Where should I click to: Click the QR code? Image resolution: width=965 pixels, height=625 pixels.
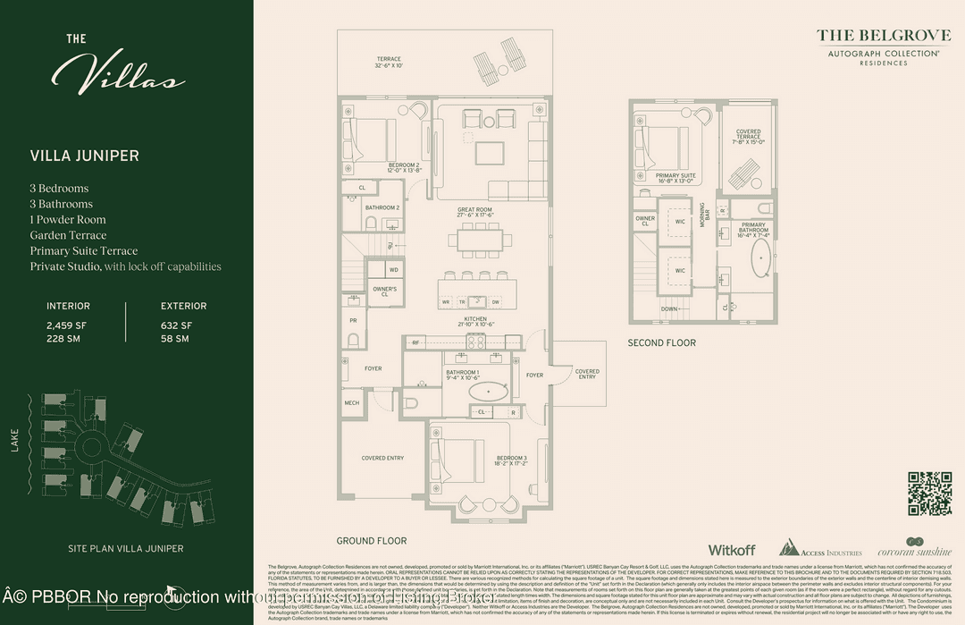coord(930,494)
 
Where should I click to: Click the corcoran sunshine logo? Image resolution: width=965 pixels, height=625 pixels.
coord(913,549)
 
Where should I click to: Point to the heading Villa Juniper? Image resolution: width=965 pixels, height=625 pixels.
coord(85,156)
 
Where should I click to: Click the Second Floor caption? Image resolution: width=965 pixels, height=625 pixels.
coord(661,342)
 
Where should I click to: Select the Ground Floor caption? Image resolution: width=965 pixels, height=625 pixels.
coord(372,541)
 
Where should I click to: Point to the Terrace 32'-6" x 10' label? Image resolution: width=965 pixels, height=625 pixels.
coord(389,63)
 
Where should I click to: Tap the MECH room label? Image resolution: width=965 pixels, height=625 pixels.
coord(352,403)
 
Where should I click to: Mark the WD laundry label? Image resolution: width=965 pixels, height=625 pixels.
coord(394,269)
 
